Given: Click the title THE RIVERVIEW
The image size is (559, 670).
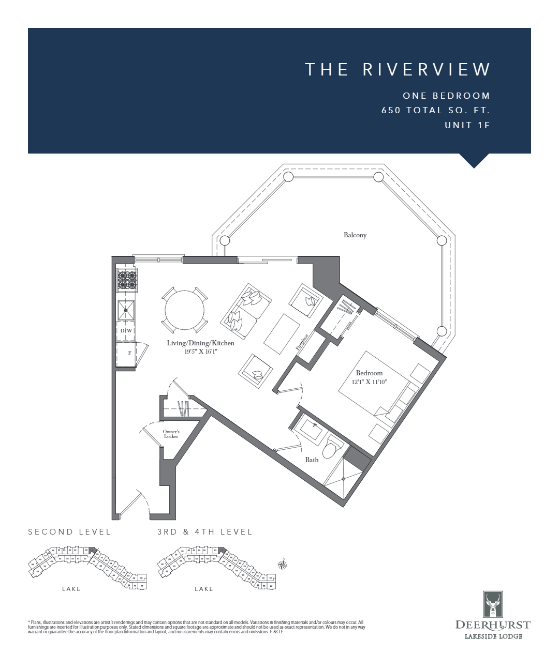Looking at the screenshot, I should tap(398, 69).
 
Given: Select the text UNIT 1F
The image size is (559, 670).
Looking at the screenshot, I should tap(467, 125).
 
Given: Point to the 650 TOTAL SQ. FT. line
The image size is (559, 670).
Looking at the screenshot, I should tap(435, 110).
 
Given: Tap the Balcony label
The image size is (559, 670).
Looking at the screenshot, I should tap(355, 235).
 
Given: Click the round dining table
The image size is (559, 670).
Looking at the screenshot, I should tap(185, 310).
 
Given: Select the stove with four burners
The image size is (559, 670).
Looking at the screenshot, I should tap(127, 281).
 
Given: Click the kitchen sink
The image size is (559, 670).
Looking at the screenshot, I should tap(126, 311).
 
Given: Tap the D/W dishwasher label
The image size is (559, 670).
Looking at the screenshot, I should tap(126, 331).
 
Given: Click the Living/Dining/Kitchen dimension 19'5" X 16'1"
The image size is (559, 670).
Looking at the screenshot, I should tap(200, 352).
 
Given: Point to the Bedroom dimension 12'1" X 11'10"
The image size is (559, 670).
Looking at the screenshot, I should tap(370, 382).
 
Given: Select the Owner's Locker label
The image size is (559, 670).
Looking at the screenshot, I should tap(171, 434).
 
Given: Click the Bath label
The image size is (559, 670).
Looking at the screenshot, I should tap(312, 460).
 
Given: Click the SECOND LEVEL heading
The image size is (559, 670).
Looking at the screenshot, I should tap(69, 532).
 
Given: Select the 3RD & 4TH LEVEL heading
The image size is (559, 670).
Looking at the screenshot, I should tap(205, 532).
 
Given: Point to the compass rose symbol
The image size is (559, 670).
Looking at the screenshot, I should tap(283, 565).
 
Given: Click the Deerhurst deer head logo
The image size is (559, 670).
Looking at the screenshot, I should tap(493, 604).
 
